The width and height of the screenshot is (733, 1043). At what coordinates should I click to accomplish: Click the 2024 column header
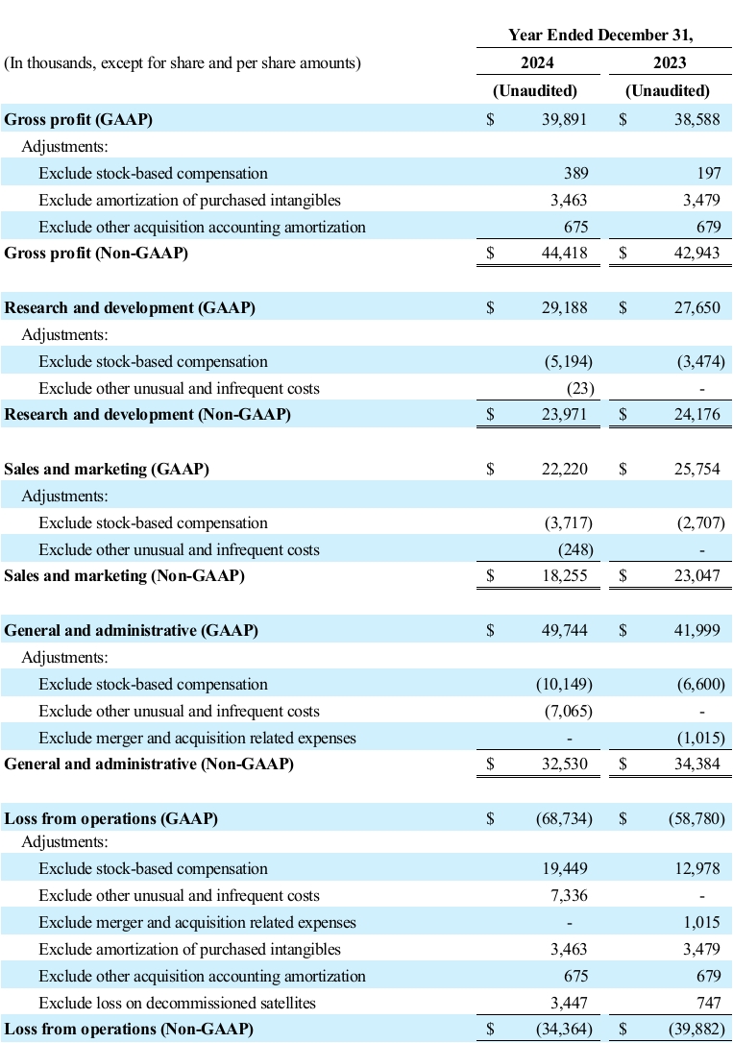535,64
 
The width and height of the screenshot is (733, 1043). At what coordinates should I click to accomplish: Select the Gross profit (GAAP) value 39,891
563,119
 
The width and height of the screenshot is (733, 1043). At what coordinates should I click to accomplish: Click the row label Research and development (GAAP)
131,308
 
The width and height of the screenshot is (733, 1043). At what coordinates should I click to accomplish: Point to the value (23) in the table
581,389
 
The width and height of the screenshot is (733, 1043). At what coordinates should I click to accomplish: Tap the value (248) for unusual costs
576,550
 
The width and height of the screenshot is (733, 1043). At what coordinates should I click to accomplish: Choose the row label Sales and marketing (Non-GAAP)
125,576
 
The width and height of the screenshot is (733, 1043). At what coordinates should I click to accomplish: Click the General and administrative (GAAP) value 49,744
563,631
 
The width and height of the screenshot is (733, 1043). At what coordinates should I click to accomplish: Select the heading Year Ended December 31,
601,36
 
